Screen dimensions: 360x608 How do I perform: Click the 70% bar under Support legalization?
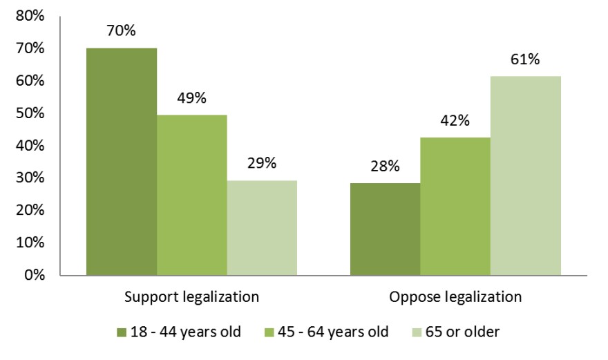pos(122,162)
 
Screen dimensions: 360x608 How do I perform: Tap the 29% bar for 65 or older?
pos(262,228)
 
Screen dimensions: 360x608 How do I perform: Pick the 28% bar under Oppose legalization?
pos(385,229)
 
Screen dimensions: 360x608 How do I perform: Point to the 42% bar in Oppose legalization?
pos(455,206)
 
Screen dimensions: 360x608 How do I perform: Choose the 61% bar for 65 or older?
pos(525,176)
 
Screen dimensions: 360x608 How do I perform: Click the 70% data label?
pos(122,31)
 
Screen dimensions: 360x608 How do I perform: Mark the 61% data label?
pos(525,59)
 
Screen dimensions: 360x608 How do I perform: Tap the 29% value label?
pos(262,164)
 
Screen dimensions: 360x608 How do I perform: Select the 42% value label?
pos(455,121)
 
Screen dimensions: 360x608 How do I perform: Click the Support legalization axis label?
pos(191,298)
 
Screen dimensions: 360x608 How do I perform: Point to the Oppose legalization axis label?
pos(455,298)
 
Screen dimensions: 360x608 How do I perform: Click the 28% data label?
pos(385,167)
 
